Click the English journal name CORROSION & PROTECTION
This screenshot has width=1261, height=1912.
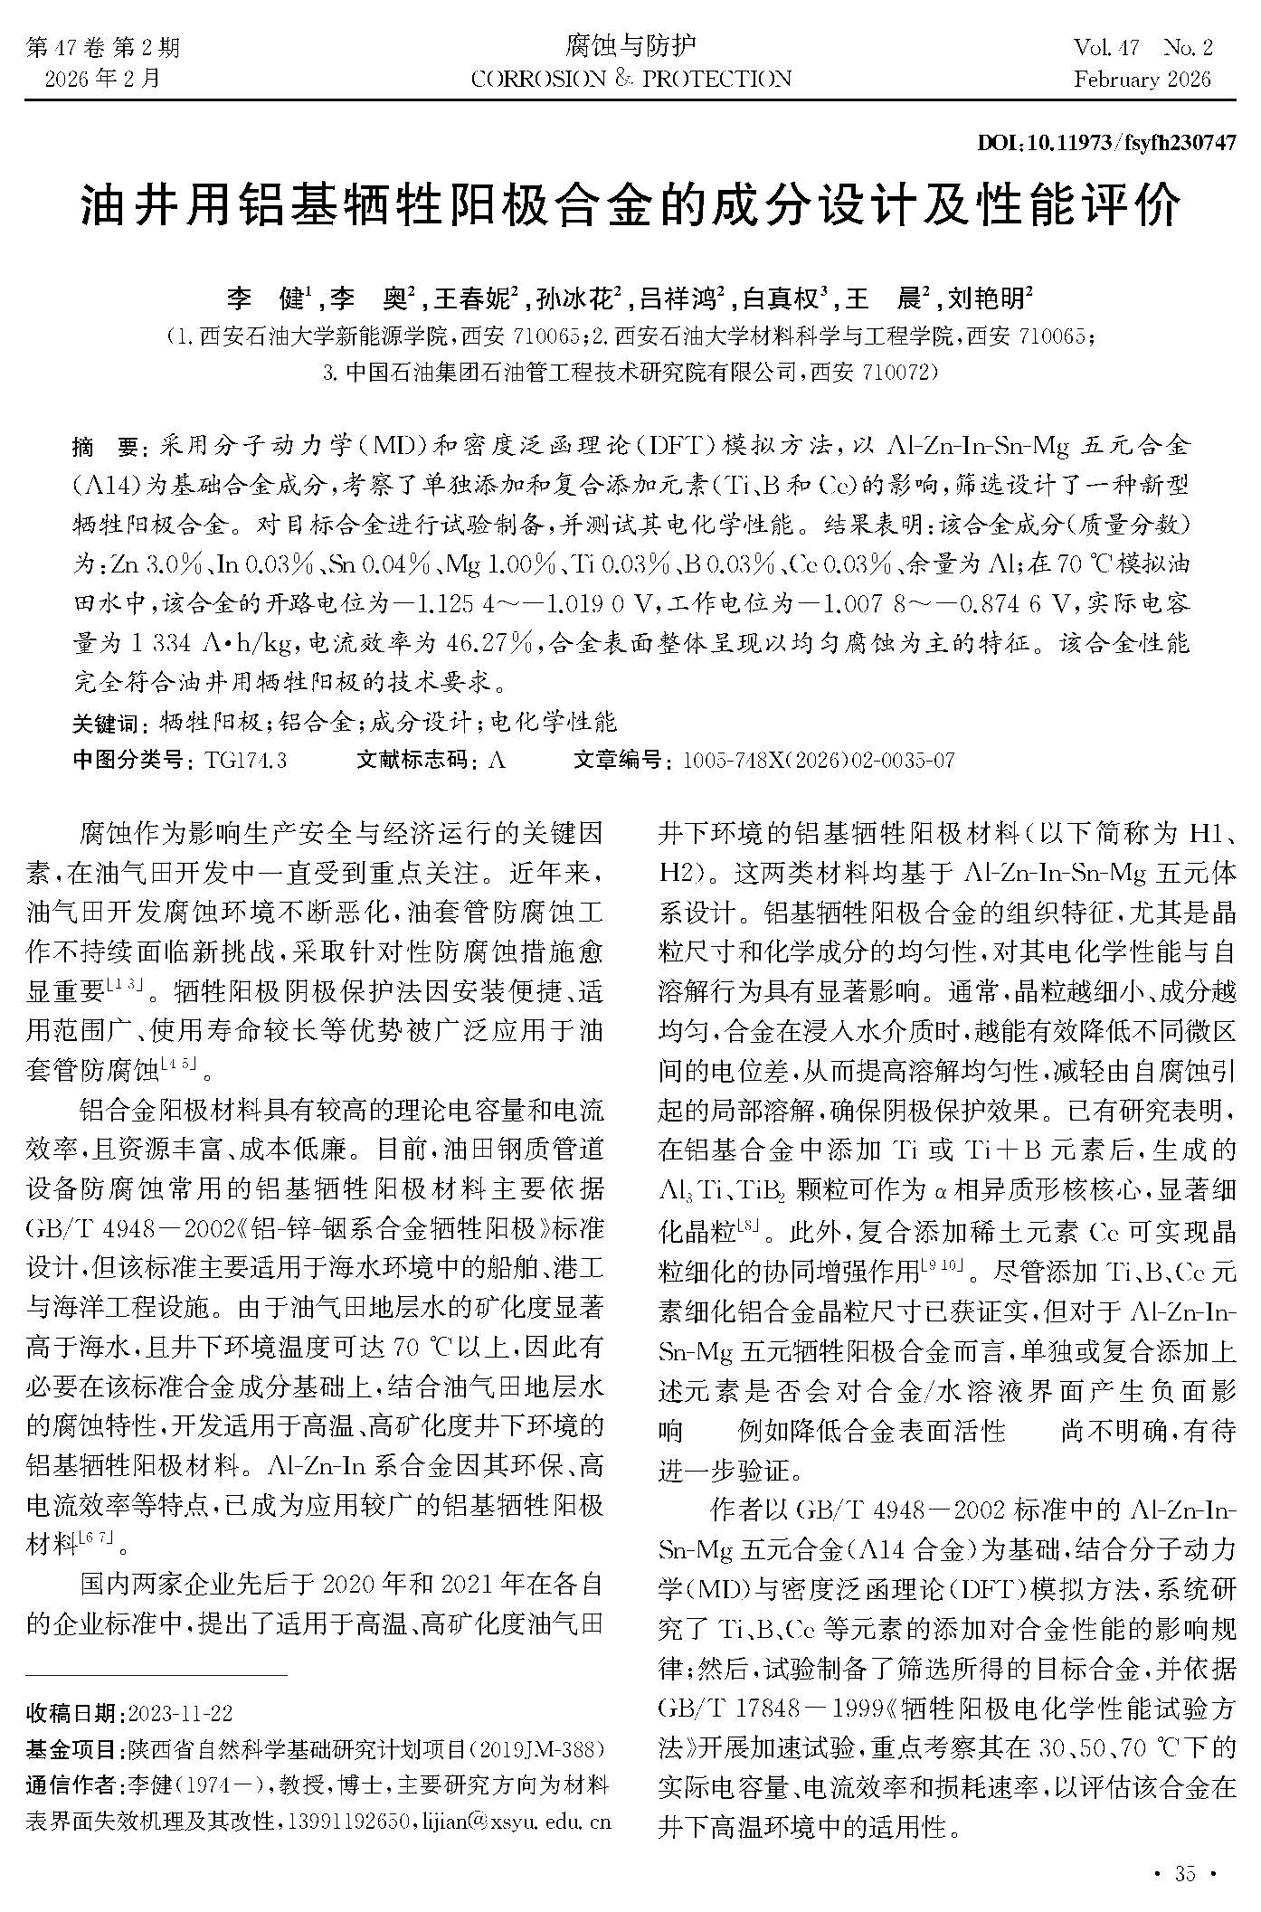point(630,80)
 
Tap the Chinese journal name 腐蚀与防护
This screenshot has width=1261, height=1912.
point(630,44)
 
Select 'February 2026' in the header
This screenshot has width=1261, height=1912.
point(1142,80)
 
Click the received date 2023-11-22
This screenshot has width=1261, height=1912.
point(181,1713)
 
